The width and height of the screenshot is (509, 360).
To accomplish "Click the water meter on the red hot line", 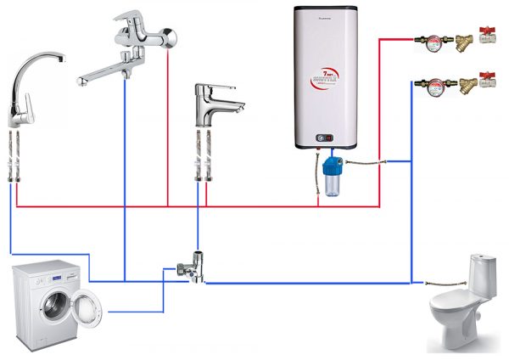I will pyautogui.click(x=429, y=39).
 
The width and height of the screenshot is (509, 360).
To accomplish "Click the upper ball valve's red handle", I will pyautogui.click(x=488, y=31).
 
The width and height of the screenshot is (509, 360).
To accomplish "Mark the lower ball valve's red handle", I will pyautogui.click(x=488, y=76).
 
